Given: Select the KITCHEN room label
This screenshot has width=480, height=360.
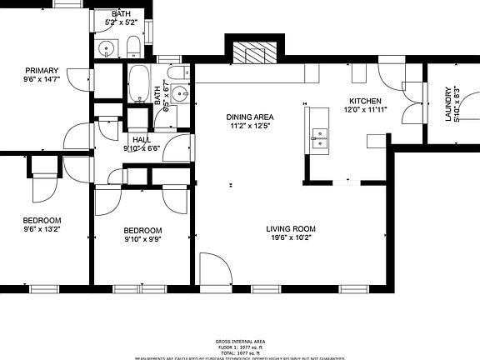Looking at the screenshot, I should pos(364,102).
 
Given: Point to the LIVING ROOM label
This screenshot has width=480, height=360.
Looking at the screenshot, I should pos(291,229).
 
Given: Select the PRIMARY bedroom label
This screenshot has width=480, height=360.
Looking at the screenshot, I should pos(42,70).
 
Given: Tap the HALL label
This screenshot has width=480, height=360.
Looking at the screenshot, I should pos(141,139).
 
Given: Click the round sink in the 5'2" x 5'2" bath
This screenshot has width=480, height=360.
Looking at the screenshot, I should pos(104,50).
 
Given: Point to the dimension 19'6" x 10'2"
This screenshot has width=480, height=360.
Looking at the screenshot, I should pos(291,238).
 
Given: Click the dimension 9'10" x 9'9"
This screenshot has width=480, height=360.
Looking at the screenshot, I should pos(142,240).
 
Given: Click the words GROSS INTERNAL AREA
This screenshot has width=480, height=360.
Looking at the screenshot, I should pos(240,342).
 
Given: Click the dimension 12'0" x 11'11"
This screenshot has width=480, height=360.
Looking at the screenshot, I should pos(364,111).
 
